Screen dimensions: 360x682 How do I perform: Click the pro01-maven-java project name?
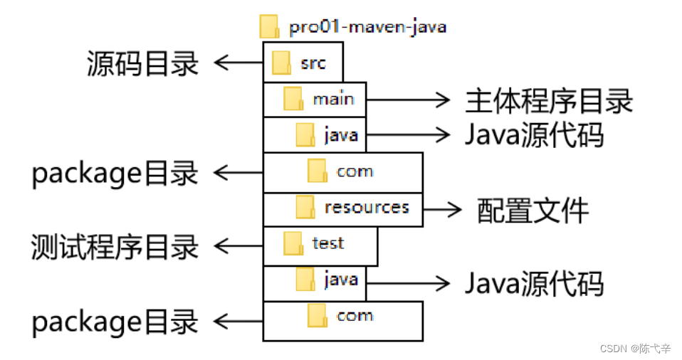pos(367,28)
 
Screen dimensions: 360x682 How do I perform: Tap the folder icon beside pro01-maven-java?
pos(269,27)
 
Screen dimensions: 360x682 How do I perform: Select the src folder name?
pos(313,63)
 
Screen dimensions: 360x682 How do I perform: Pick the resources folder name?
pos(367,207)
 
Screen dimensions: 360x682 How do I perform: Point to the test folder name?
pos(328,243)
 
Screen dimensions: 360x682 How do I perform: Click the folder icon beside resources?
pos(305,208)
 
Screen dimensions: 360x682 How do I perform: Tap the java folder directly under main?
pos(340,134)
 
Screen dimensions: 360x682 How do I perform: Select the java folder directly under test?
pos(340,280)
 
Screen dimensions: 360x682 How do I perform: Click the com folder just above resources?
pos(355,171)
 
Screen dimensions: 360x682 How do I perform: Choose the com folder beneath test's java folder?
pos(355,316)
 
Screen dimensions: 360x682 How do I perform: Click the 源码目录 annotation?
pos(143,63)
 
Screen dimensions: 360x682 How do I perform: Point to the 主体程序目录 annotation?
pos(549,100)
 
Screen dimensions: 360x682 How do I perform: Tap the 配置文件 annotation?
pos(533,210)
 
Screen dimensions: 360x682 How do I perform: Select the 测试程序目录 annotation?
pos(115,247)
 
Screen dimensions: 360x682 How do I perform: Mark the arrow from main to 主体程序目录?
pos(409,100)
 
